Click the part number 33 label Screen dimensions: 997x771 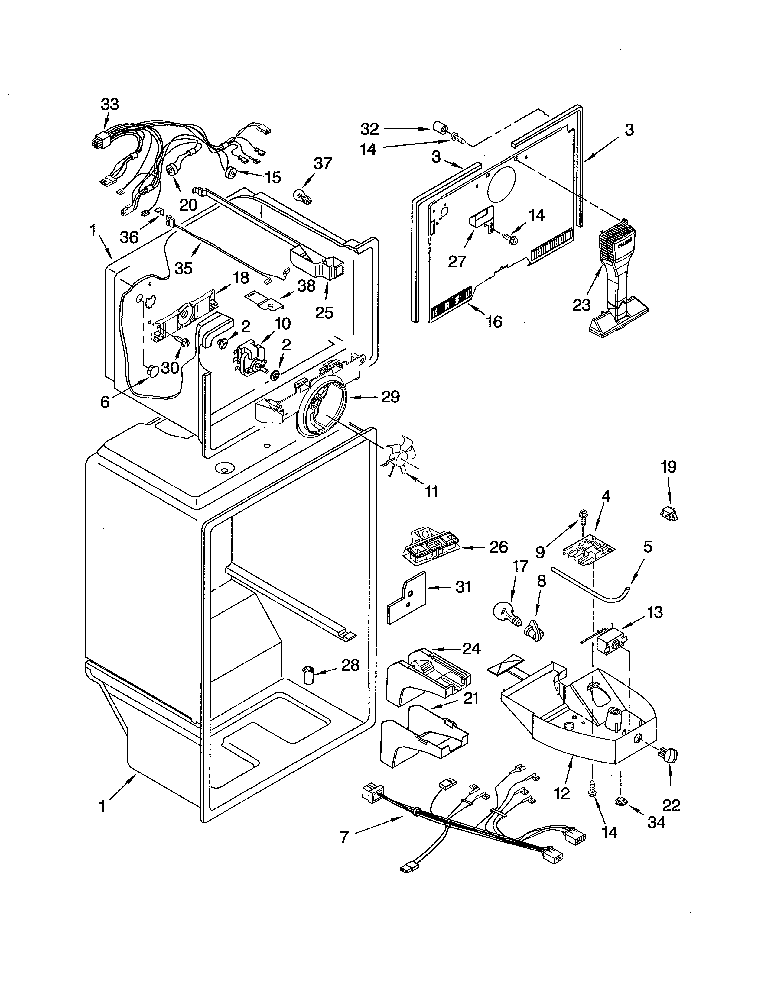110,105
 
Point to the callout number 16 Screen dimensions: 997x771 494,322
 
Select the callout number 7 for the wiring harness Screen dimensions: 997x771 345,837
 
